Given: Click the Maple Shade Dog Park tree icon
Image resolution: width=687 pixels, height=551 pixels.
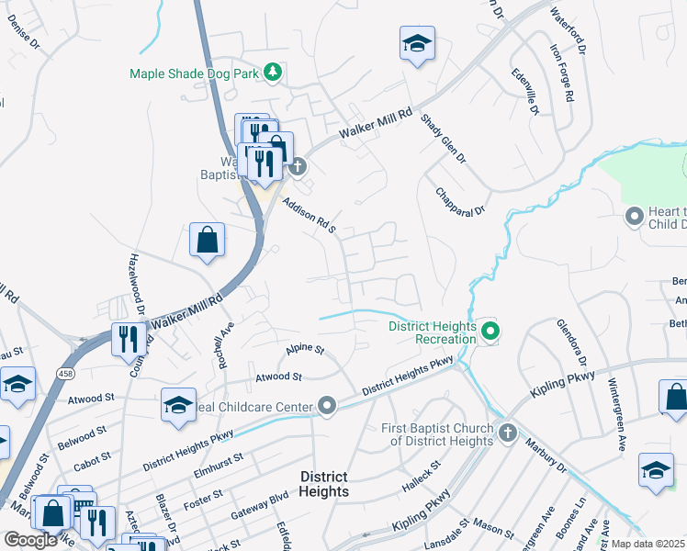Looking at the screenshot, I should (x=272, y=71).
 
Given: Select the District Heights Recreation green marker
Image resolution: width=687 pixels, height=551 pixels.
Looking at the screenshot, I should (x=490, y=332).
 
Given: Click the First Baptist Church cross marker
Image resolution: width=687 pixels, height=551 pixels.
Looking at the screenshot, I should (x=508, y=431).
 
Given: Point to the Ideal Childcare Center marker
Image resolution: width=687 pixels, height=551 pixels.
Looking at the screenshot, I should (x=327, y=405).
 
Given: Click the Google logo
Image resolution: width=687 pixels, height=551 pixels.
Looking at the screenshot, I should (x=30, y=540).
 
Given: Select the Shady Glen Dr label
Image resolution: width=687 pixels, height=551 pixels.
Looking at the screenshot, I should (x=444, y=139).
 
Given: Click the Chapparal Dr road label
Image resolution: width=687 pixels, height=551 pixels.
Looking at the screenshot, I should (x=460, y=201).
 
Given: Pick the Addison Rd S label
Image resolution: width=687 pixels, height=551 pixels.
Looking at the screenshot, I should (x=310, y=216).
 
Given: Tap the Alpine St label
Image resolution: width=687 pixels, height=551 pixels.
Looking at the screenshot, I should (x=305, y=350).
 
